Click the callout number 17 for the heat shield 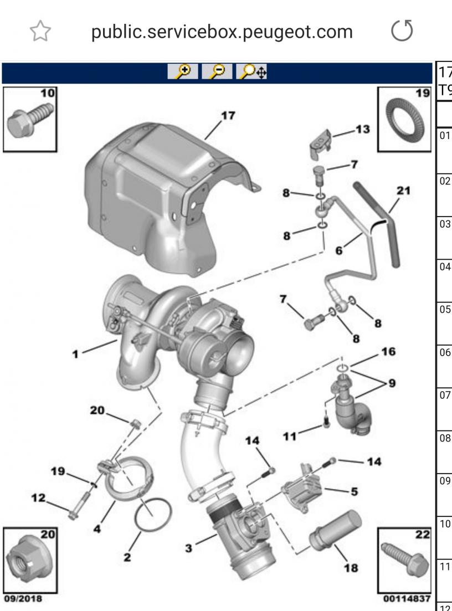coord(228,115)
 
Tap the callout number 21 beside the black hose coord(404,190)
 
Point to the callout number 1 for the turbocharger coord(75,352)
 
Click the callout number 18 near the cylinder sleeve coord(351,567)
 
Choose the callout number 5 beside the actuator coord(353,491)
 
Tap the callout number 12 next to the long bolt coord(38,498)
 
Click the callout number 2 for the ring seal coord(127,557)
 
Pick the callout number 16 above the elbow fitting coord(389,352)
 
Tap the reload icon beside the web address coord(402,31)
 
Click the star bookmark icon coord(40,32)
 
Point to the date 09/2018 coord(23,599)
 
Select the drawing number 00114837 coord(406,599)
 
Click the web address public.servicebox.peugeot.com coord(222,32)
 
